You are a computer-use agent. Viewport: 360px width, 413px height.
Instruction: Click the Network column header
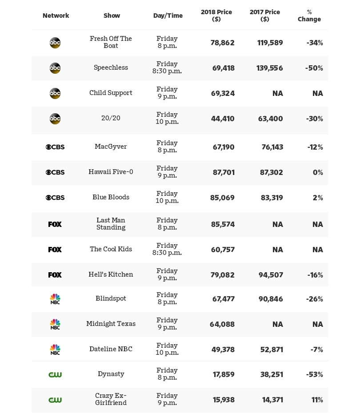pos(56,16)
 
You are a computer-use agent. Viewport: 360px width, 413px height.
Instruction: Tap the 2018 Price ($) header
pos(216,16)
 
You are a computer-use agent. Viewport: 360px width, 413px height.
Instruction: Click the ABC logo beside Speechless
pos(55,68)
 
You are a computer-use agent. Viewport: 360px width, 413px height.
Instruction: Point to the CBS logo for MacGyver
pos(55,147)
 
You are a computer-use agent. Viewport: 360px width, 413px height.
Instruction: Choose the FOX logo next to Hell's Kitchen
pos(55,275)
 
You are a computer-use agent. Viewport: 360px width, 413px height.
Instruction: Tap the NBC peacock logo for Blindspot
pos(55,299)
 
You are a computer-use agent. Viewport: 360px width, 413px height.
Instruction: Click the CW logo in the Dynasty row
pos(55,375)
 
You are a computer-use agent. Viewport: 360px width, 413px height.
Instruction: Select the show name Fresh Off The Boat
pos(111,42)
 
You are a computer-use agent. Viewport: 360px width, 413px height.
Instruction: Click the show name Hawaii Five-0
pos(111,172)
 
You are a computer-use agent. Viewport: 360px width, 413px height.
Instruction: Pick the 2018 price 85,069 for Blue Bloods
pos(222,198)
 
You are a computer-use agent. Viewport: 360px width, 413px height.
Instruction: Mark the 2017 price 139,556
pos(270,68)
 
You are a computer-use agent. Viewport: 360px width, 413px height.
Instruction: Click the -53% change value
pos(314,375)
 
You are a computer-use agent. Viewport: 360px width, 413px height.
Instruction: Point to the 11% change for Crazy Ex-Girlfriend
pos(317,400)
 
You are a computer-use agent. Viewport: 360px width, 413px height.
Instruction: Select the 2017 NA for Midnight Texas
pos(278,325)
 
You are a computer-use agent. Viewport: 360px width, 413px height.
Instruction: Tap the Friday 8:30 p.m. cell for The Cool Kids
pos(167,249)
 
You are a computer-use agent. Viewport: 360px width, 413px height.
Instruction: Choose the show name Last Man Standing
pos(111,224)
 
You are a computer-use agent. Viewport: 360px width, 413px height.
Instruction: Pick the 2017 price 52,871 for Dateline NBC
pos(272,350)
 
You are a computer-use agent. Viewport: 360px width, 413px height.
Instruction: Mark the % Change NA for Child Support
pos(318,94)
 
